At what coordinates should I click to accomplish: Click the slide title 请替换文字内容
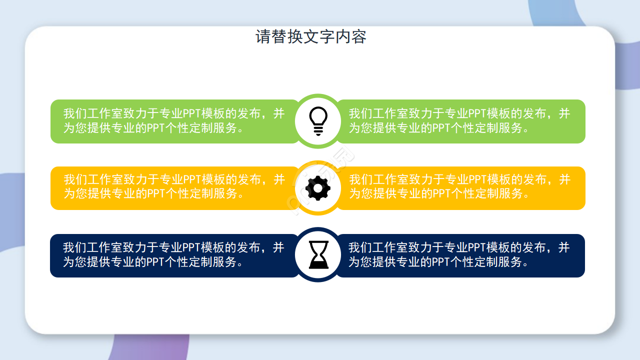point(311,36)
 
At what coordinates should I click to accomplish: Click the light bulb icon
point(318,120)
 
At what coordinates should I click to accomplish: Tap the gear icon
point(318,188)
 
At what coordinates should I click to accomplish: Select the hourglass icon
point(318,254)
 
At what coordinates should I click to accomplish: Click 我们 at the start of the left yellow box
point(75,180)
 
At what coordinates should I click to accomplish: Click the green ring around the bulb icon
point(318,97)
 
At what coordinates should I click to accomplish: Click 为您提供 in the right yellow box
point(372,193)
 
